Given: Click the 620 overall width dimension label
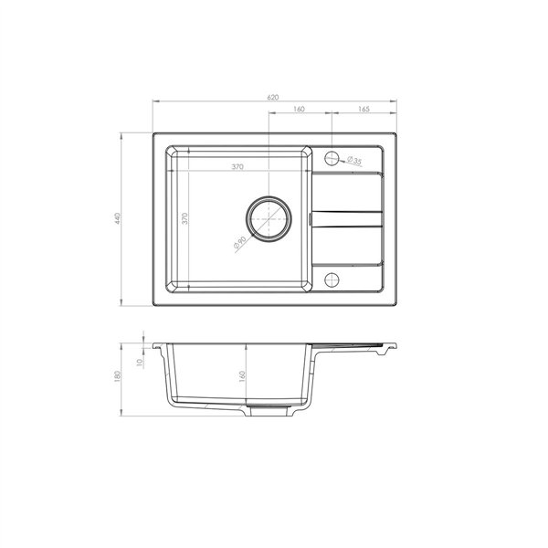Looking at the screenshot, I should [272, 95].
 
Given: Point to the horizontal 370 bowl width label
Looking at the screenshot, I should [237, 167].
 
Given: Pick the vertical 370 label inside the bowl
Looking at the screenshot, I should [184, 218].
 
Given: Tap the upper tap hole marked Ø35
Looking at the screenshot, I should [332, 156].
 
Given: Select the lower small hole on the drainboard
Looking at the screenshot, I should [332, 278].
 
